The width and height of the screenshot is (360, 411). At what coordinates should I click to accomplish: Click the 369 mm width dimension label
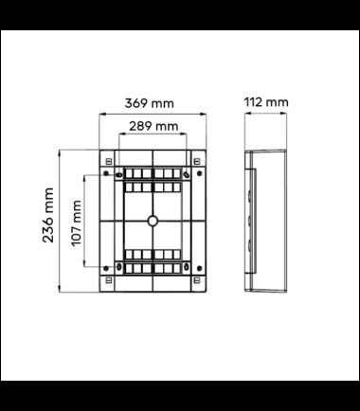point(149,103)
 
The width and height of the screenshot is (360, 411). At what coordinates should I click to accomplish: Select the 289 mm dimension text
point(153,126)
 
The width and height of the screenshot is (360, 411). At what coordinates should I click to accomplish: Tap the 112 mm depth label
point(266,102)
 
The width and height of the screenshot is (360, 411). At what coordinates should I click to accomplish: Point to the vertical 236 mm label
point(48,215)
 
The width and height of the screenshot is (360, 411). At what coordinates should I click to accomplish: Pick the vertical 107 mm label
point(76,223)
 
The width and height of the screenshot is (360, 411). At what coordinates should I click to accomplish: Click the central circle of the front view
point(153,221)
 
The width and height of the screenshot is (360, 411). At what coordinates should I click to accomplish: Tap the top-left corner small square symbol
point(109,162)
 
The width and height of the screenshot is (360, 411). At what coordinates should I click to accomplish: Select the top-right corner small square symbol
point(197,162)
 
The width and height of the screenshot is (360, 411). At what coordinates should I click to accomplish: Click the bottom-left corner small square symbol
point(109,280)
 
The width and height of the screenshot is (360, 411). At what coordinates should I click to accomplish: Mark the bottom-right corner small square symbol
point(197,280)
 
